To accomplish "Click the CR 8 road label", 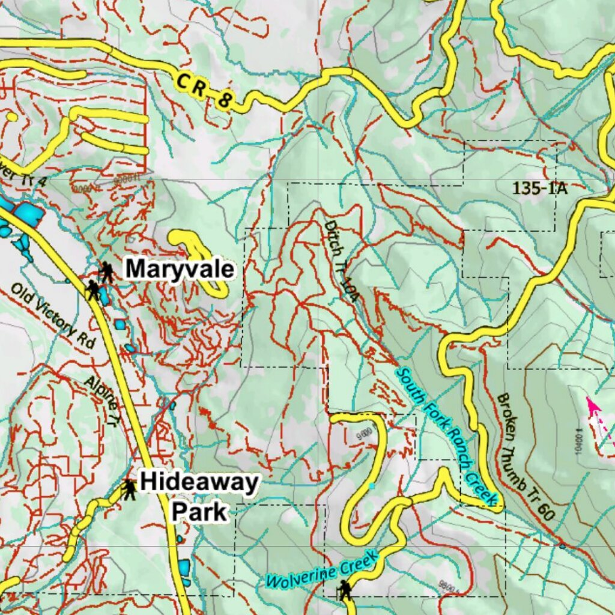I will [x=204, y=91].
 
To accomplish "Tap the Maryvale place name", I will [x=180, y=270].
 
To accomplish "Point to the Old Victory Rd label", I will [x=53, y=316].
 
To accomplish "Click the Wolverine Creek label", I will [x=323, y=571].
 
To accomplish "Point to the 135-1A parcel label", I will [x=539, y=188].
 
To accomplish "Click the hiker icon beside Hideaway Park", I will [x=129, y=489].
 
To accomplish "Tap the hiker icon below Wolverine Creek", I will [x=344, y=590].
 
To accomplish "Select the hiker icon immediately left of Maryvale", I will [x=107, y=272].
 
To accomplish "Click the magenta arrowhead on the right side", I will [x=593, y=406].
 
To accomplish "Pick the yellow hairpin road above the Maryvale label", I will [x=198, y=258].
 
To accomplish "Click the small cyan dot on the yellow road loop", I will [x=372, y=485].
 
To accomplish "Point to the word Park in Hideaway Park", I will [x=199, y=512].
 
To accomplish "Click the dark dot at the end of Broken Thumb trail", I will [x=562, y=546].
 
